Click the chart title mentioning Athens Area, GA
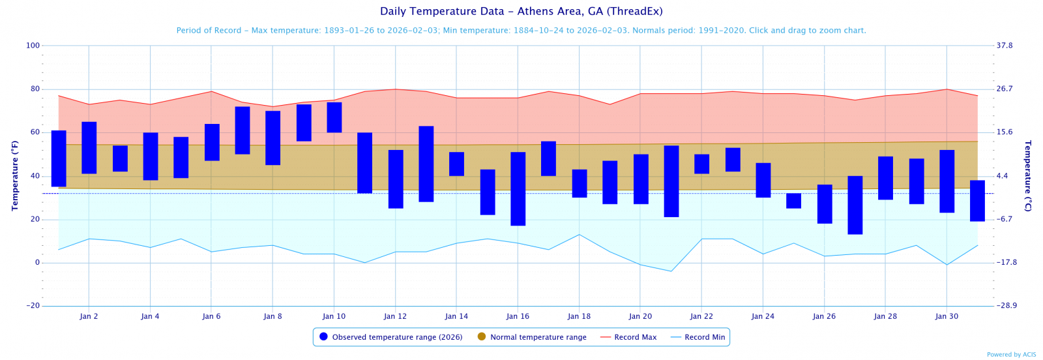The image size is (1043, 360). coord(521,11)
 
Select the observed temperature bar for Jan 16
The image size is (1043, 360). coord(518,188)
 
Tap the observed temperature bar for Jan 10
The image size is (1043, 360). coord(334,117)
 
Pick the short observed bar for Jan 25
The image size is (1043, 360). coord(793,201)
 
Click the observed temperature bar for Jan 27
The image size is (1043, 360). coord(855,205)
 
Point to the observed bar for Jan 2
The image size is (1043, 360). coord(89,147)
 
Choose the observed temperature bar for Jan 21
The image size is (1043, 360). coord(671,181)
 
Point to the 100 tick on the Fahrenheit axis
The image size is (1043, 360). coord(33,46)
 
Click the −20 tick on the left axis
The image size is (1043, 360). coord(33,306)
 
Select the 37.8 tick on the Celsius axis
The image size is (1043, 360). coord(1005,46)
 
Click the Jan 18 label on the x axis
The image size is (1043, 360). coord(579,316)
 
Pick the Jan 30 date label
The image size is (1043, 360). coord(947,316)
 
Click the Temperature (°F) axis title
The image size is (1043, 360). coord(15,175)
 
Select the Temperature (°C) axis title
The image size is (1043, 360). coord(1028,175)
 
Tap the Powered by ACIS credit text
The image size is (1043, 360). coord(1011,355)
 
